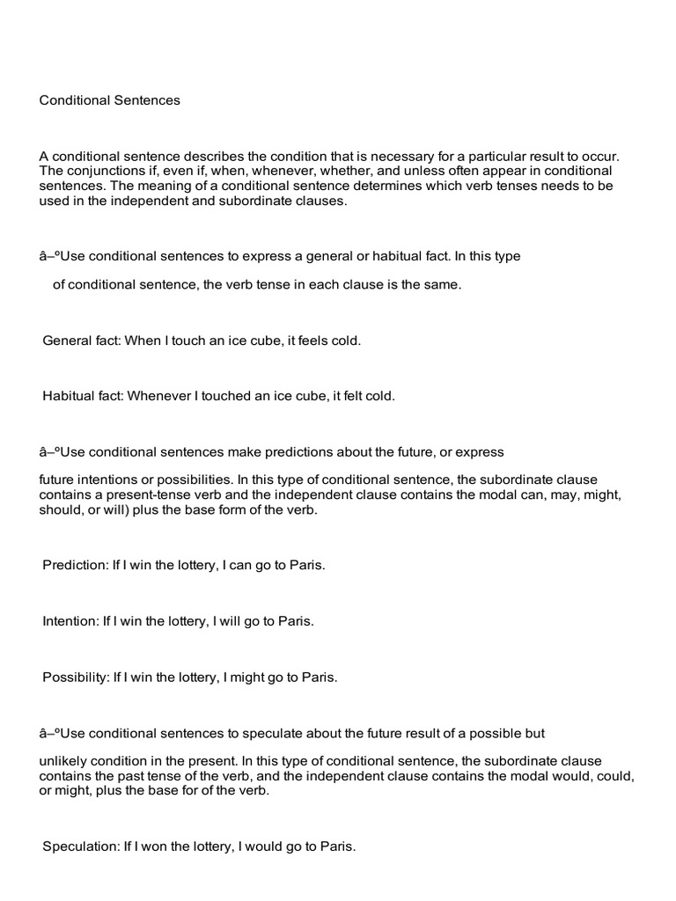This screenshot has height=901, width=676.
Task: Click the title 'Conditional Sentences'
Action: click(109, 100)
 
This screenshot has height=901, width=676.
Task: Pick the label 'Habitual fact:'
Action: click(84, 396)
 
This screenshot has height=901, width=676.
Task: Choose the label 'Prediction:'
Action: click(75, 565)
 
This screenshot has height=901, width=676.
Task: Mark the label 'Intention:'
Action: click(70, 621)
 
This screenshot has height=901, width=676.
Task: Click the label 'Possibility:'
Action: click(77, 678)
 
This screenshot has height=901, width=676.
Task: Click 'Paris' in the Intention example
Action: click(296, 621)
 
